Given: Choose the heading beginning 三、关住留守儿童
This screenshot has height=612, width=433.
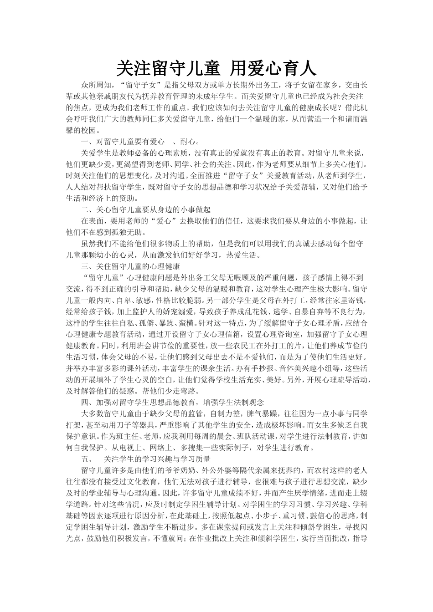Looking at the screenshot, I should tap(130, 266).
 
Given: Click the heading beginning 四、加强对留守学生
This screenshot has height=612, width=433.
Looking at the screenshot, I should tap(172, 402).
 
